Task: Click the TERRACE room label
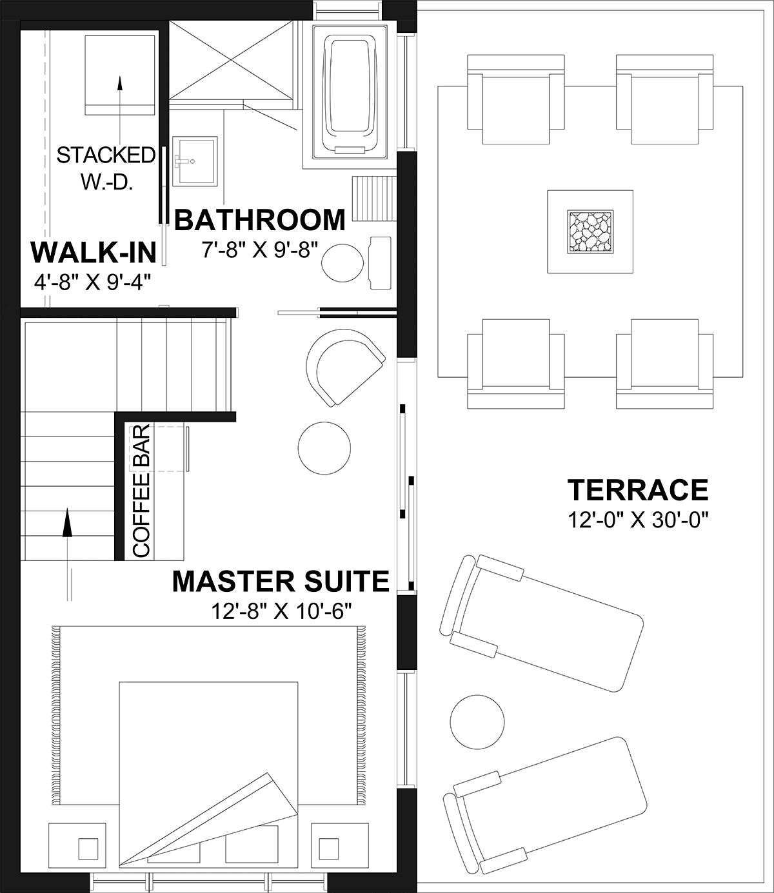(x=638, y=489)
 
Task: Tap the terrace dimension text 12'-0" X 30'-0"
(x=638, y=520)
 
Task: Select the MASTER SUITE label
(x=281, y=581)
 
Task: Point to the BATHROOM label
(x=260, y=220)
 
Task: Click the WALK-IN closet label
(x=94, y=253)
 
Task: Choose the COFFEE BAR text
(x=141, y=491)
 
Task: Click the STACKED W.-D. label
(x=106, y=168)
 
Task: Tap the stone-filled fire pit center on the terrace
(x=590, y=231)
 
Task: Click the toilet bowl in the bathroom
(x=342, y=263)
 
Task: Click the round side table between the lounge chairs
(x=477, y=721)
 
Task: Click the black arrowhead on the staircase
(x=67, y=522)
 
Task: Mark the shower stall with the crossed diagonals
(x=231, y=61)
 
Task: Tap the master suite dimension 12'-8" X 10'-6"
(x=281, y=611)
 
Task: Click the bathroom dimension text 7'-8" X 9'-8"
(x=260, y=250)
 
